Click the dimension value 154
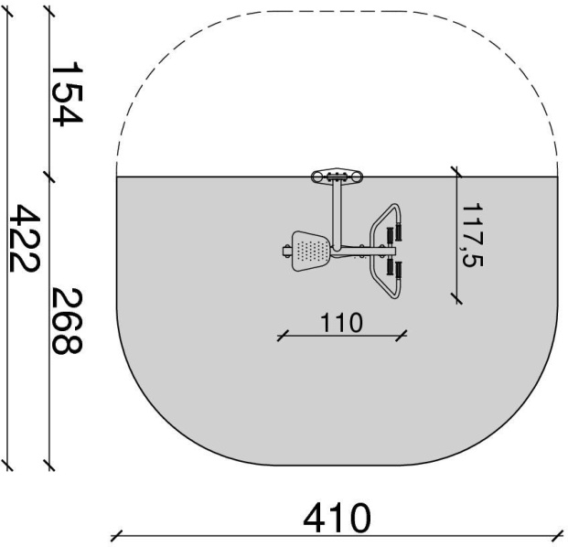tap(68, 93)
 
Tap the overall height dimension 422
tap(24, 238)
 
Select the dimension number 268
tap(68, 320)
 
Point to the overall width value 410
tap(338, 518)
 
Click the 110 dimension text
tap(341, 322)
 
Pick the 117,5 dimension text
tap(473, 235)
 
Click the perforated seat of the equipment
tap(311, 251)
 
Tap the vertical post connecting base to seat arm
tap(337, 216)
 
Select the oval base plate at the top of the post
tap(338, 176)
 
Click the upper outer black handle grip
tap(399, 231)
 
